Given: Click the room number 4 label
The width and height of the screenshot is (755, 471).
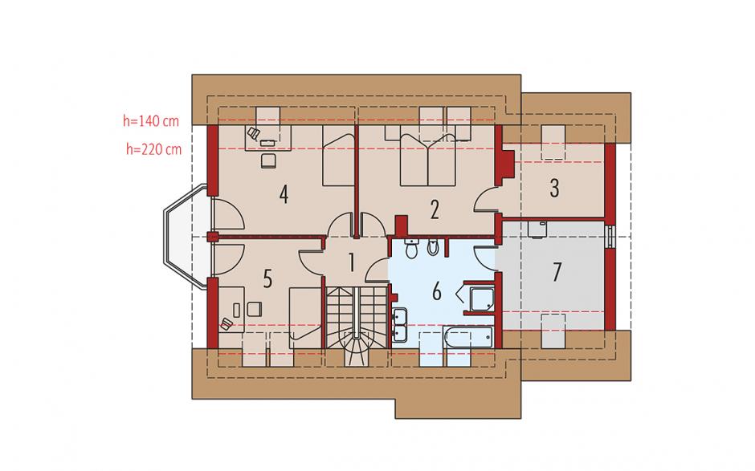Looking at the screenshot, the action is (284, 194).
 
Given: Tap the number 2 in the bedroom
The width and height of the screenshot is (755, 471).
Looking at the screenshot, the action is (435, 209).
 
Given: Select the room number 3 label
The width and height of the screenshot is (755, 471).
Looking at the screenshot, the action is (555, 188).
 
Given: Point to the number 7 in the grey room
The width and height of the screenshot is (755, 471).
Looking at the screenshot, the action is (557, 272).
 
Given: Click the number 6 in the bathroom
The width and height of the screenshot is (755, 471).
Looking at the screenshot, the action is (437, 291).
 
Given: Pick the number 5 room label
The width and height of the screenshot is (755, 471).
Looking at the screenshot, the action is (267, 278).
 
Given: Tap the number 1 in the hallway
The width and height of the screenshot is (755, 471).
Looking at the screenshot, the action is (352, 263).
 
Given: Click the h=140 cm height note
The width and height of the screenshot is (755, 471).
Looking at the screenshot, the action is (151, 120).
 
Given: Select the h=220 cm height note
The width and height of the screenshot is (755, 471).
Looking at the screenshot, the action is (154, 149).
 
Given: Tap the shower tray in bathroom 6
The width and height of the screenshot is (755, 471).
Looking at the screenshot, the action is (482, 298).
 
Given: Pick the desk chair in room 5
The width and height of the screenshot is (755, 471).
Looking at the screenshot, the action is (226, 324).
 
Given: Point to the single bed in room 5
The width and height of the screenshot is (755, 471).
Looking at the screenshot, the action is (305, 318).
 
